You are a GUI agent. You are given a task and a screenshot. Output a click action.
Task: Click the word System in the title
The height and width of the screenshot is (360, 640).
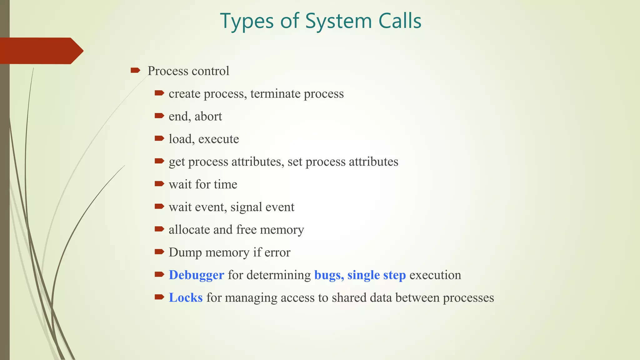point(338,21)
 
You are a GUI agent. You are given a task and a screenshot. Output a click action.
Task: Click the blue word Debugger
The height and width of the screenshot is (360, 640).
point(196,275)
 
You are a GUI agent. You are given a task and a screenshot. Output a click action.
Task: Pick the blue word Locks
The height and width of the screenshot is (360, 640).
point(186,298)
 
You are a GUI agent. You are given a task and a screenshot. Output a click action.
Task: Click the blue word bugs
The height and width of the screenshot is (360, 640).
point(328,275)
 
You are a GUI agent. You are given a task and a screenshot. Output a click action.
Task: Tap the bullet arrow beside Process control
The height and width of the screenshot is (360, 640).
point(135,70)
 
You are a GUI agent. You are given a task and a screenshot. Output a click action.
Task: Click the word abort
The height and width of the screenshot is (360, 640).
point(208,117)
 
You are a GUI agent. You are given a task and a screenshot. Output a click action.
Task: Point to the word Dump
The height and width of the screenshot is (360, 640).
point(185,252)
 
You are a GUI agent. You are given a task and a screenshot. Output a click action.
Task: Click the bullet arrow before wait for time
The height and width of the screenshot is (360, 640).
point(159,184)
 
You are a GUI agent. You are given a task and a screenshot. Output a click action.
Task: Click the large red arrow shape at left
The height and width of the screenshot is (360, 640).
point(41,51)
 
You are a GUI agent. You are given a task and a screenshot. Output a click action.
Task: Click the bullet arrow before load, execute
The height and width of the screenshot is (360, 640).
point(159,138)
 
